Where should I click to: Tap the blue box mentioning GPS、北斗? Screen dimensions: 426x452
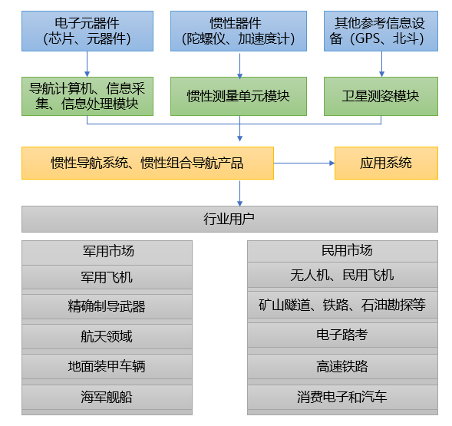pos(380,31)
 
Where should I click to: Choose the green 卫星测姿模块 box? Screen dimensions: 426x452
pos(380,96)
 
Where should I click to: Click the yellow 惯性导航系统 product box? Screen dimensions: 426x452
pos(147,163)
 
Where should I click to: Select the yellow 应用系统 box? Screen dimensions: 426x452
pos(385,163)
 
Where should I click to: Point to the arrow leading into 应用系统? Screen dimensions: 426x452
pos(304,163)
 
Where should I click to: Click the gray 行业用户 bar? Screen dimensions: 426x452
pos(229,219)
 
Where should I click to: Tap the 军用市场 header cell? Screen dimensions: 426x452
pos(107,251)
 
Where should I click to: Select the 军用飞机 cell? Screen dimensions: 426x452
pos(107,276)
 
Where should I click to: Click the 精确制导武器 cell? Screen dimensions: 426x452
pos(107,306)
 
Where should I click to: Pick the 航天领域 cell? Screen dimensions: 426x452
pos(107,336)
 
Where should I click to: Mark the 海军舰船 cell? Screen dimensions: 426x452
pos(107,397)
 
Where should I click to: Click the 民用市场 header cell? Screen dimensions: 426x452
pos(342,251)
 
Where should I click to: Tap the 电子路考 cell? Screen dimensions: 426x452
pos(342,335)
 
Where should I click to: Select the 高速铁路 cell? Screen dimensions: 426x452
pos(342,366)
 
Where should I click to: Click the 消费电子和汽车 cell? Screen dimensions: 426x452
pos(342,397)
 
